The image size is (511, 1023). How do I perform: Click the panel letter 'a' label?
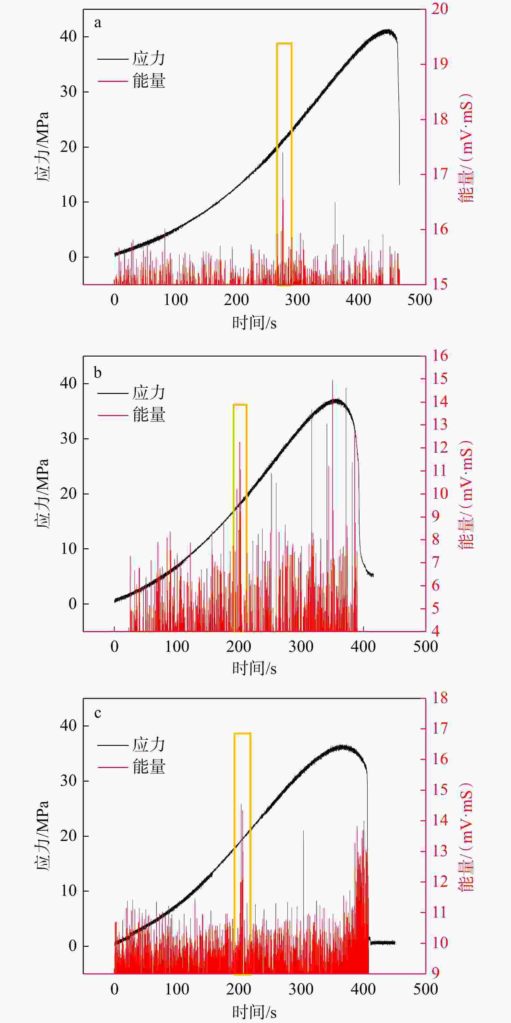pyautogui.click(x=98, y=23)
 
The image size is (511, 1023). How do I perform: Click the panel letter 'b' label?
pyautogui.click(x=98, y=372)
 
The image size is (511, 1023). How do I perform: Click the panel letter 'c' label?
pyautogui.click(x=98, y=713)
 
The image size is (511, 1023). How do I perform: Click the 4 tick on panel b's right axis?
pyautogui.click(x=435, y=631)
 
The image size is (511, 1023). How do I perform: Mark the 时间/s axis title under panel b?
pyautogui.click(x=254, y=669)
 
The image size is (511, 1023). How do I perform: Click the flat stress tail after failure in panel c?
pyautogui.click(x=383, y=943)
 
